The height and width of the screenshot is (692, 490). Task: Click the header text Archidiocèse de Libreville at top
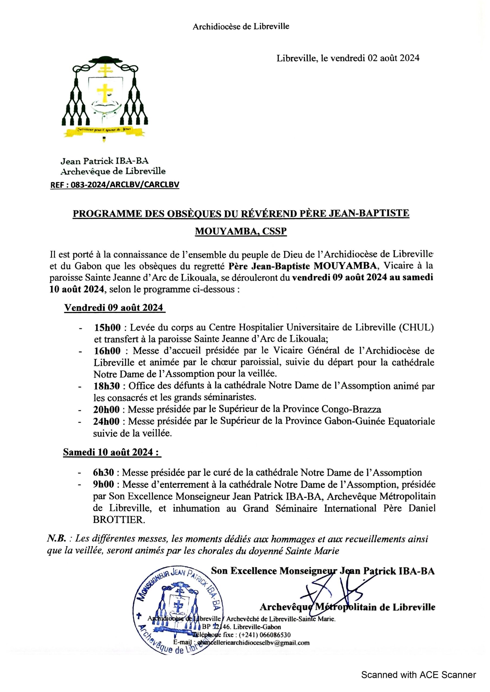point(241,26)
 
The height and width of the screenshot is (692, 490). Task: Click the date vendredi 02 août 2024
point(374,58)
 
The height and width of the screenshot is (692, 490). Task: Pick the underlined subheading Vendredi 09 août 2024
point(114,308)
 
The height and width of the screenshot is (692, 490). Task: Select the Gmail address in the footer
point(251,643)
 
